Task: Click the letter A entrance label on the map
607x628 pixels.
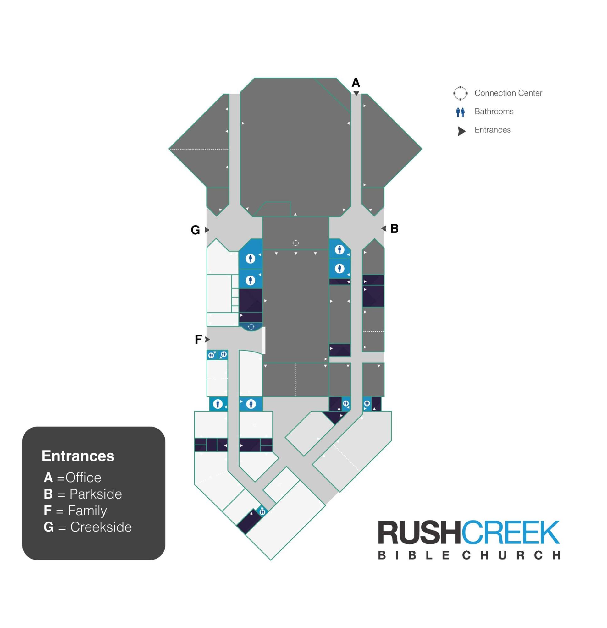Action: pyautogui.click(x=356, y=83)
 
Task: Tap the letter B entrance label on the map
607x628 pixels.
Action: pyautogui.click(x=394, y=228)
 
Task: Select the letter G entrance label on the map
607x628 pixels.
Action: pyautogui.click(x=195, y=230)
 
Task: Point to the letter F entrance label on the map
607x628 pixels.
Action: pyautogui.click(x=198, y=339)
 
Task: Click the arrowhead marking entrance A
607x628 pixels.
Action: pyautogui.click(x=356, y=93)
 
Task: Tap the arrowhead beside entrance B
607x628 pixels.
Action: pyautogui.click(x=384, y=228)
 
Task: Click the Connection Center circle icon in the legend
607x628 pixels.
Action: pyautogui.click(x=460, y=93)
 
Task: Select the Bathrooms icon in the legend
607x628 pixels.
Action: pyautogui.click(x=460, y=112)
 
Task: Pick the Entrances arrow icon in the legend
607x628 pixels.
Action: pyautogui.click(x=461, y=131)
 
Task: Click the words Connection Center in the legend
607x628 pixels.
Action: pyautogui.click(x=508, y=93)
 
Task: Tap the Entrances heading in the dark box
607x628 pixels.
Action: pyautogui.click(x=78, y=456)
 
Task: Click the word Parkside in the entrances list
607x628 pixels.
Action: pyautogui.click(x=96, y=494)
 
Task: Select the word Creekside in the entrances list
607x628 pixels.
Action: pyautogui.click(x=101, y=527)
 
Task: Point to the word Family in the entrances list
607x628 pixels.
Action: pyautogui.click(x=87, y=511)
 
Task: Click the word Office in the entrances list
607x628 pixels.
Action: pyautogui.click(x=83, y=478)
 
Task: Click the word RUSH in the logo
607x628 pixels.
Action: pyautogui.click(x=419, y=532)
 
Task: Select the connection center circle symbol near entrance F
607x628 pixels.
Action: pyautogui.click(x=251, y=326)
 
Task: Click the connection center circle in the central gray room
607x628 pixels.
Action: pyautogui.click(x=296, y=243)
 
